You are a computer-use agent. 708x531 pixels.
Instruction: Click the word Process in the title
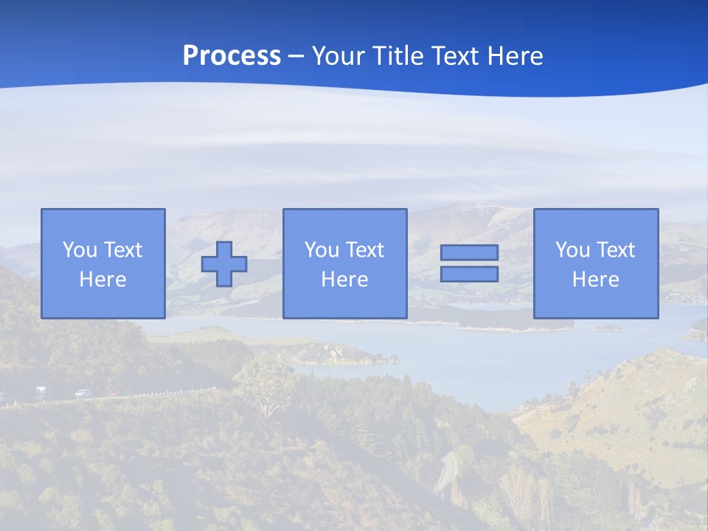tap(232, 56)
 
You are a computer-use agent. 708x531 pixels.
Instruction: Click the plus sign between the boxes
tap(224, 264)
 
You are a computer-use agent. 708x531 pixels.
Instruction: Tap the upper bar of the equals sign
tap(469, 252)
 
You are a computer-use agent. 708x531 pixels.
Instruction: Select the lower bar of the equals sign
tap(469, 274)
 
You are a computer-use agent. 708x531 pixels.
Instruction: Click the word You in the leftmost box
tap(80, 250)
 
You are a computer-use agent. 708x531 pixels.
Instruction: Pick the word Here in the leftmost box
tap(103, 280)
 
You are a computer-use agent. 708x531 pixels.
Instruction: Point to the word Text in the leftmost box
tap(122, 250)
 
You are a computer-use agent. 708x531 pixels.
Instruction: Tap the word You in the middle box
tap(322, 250)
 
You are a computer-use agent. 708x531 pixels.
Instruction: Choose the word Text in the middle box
tap(364, 250)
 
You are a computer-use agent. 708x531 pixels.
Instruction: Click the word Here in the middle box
tap(344, 280)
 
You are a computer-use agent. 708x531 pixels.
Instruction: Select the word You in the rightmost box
tap(573, 250)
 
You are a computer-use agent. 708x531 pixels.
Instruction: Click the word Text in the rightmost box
tap(615, 250)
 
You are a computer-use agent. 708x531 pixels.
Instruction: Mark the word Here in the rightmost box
tap(595, 280)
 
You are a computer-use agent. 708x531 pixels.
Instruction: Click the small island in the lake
tap(607, 327)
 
